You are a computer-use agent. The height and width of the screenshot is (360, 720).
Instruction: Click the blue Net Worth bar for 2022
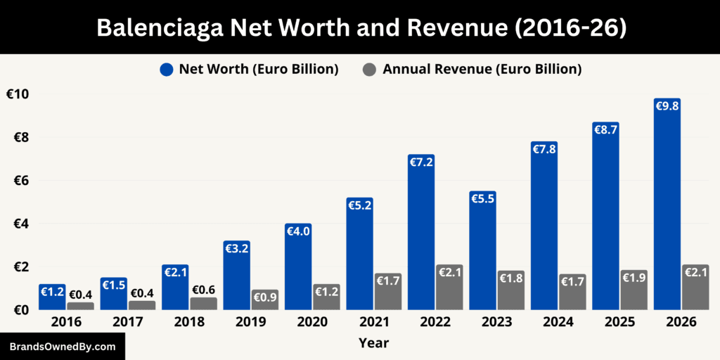click(421, 232)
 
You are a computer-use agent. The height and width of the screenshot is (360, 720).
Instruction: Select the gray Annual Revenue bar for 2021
click(387, 292)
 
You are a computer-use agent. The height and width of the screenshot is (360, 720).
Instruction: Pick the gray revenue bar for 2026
click(695, 288)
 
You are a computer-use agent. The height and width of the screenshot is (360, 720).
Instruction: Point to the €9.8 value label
click(667, 107)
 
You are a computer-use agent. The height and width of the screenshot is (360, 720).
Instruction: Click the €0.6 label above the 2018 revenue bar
click(203, 290)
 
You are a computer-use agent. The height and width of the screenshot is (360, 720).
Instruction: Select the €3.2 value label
click(237, 248)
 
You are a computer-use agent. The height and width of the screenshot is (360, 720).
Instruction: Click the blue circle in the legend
click(167, 69)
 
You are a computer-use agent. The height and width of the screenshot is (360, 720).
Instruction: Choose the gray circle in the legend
click(370, 69)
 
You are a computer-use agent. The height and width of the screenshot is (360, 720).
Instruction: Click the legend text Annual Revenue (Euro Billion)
click(482, 69)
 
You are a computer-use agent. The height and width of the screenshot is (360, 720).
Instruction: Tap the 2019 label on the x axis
click(251, 322)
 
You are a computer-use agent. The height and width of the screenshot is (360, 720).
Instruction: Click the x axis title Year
click(373, 343)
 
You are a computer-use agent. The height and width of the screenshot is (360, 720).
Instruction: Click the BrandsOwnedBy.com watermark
click(63, 347)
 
